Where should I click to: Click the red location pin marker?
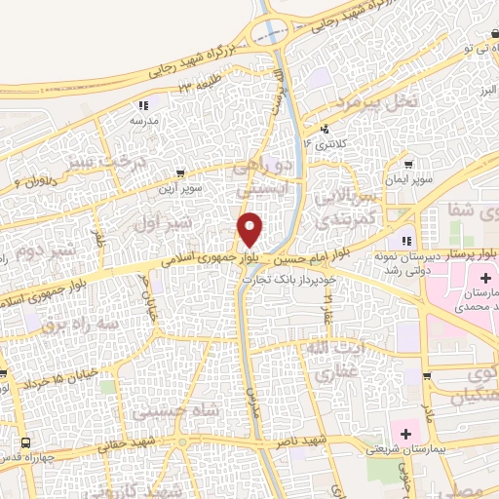250,228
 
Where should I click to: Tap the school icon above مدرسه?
144,104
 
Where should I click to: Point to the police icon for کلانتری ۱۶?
325,128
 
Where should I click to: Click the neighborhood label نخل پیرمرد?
377,101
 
